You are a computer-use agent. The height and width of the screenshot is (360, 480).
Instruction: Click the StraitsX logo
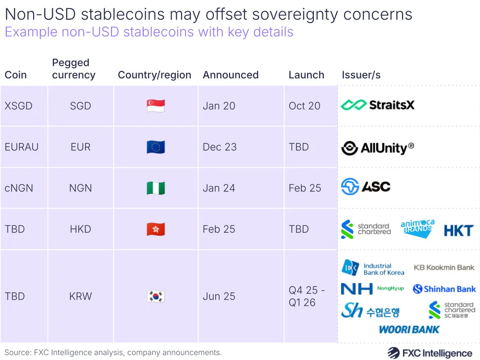pos(378,105)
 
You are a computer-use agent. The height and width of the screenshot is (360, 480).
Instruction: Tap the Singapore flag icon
pos(156,106)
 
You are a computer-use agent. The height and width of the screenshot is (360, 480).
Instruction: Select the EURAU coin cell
pos(22,147)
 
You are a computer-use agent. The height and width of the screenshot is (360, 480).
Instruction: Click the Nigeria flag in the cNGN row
pos(156,188)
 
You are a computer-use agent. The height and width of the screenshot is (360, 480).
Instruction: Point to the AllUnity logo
pos(378,148)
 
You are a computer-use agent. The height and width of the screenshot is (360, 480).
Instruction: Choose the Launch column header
pos(306,75)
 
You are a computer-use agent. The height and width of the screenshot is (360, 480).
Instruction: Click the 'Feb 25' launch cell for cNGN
pos(305,188)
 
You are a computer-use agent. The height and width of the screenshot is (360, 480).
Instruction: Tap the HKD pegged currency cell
pos(80,229)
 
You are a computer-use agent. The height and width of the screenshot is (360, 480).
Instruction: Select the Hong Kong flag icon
pos(156,229)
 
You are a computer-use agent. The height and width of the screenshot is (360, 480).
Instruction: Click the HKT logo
pos(458,230)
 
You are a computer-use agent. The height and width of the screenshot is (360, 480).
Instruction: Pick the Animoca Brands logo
pos(417,229)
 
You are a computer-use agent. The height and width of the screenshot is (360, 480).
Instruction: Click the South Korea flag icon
pos(156,296)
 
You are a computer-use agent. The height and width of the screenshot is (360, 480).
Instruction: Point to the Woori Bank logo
pos(409,329)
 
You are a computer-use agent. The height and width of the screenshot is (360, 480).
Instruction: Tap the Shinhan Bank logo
pos(444,289)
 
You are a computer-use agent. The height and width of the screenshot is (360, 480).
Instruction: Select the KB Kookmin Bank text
pos(444,267)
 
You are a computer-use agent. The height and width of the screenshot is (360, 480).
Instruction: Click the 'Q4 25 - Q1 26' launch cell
pos(307,296)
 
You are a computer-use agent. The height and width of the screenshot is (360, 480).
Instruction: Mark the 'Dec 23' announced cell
pos(220,147)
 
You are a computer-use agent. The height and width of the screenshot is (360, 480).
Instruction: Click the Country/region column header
pos(154,75)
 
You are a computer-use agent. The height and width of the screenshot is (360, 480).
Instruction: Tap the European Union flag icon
pos(156,147)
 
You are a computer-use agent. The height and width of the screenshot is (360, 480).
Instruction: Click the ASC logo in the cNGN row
pos(366,187)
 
